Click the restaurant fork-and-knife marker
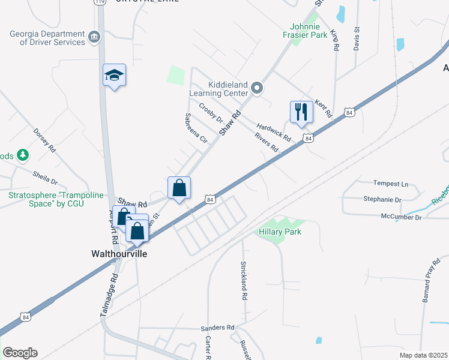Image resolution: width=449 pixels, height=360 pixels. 301,112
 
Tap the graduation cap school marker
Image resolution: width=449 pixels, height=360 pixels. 114,76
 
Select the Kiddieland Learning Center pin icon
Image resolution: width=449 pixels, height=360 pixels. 257,89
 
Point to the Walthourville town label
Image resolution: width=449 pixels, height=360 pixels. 119,254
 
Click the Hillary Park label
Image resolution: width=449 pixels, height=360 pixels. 280,232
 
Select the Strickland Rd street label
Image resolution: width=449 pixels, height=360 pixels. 244,280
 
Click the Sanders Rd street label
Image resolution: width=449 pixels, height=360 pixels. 217,328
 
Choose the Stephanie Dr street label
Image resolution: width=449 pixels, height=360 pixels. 382,199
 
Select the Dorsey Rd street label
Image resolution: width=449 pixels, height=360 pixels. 44,140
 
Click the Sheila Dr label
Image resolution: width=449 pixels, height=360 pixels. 46,178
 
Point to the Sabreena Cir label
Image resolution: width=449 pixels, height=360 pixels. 196,128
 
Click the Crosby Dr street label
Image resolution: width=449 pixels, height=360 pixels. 211,113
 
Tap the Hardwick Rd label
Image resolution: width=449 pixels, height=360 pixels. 273,132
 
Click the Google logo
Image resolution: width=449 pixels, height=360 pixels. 20,353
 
